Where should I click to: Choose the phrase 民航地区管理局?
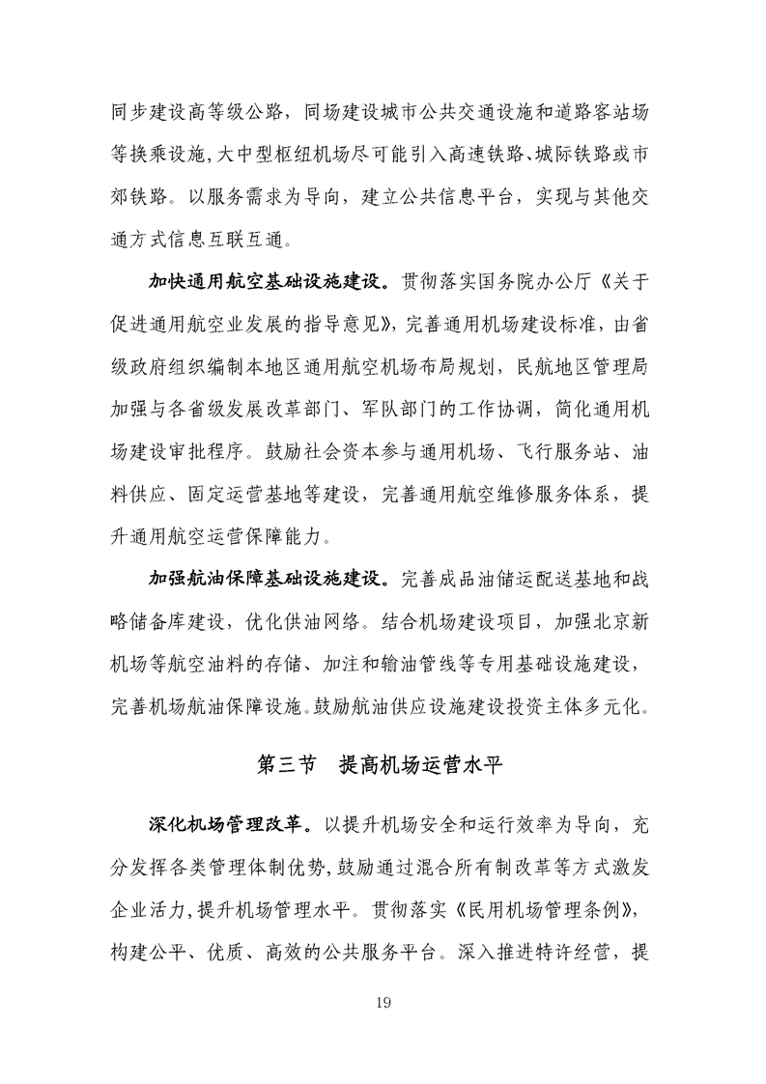[x=589, y=368]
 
